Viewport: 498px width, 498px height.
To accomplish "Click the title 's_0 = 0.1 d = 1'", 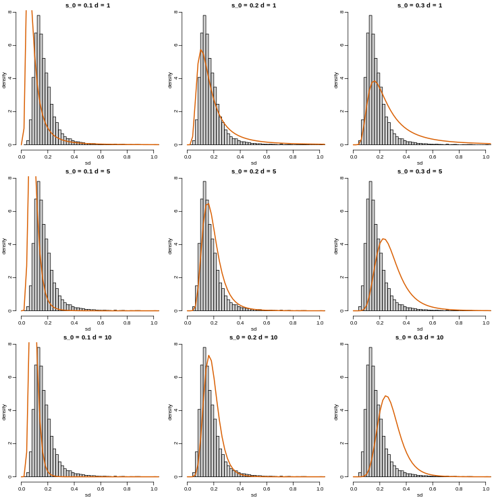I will [88, 5].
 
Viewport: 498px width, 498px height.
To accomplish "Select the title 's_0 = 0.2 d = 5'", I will [254, 171].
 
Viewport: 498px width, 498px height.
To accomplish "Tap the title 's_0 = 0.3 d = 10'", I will [420, 337].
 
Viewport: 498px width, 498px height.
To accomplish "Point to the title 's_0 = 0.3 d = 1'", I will [420, 5].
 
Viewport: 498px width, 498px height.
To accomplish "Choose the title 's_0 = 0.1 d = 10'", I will [88, 337].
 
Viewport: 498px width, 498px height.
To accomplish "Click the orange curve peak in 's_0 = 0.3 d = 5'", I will [383, 239].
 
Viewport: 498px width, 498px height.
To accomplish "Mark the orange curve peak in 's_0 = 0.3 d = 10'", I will [385, 396].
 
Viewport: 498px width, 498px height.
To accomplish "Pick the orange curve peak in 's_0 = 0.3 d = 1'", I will [373, 82].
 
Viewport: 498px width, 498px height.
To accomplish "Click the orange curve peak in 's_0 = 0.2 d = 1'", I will [200, 50].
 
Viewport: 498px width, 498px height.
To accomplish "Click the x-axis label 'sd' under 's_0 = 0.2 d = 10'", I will [254, 495].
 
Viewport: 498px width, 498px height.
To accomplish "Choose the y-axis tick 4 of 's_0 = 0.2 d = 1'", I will [176, 78].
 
